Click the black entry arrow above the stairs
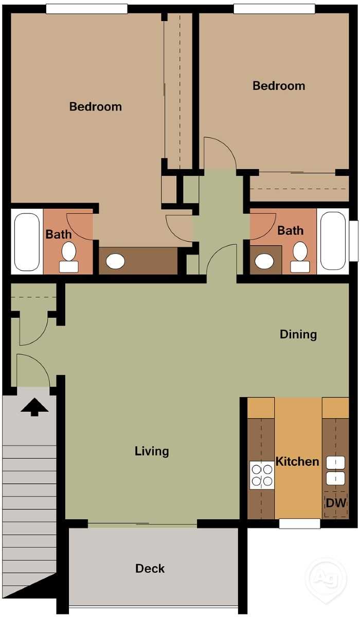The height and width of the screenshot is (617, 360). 34,407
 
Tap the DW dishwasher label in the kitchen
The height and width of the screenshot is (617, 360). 336,503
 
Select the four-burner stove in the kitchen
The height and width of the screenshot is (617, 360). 262,475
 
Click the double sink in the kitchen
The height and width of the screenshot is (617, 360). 335,470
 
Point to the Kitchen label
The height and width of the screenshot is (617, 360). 297,461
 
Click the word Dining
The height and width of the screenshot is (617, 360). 298,334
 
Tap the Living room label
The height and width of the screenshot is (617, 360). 152,451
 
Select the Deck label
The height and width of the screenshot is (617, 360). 150,568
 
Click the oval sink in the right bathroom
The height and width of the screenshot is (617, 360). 265,261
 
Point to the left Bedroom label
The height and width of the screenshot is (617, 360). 96,106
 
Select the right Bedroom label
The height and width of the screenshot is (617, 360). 279,85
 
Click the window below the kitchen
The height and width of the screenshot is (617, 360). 299,523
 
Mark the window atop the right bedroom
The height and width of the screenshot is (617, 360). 274,9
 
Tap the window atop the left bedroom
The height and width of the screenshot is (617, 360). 86,9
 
